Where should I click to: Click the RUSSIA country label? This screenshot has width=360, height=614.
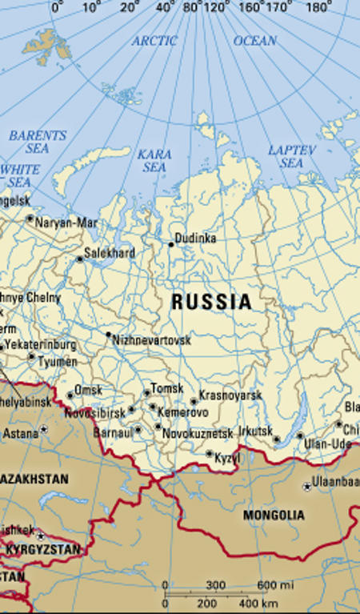tap(211, 302)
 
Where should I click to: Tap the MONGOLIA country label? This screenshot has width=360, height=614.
tap(274, 515)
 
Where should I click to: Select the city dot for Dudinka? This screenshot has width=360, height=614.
tap(170, 243)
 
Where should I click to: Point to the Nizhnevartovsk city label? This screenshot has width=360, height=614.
tap(152, 340)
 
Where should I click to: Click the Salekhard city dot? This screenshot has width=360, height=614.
tap(79, 259)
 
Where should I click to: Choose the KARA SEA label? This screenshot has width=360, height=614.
tap(154, 160)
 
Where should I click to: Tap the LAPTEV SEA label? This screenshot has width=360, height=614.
tap(292, 156)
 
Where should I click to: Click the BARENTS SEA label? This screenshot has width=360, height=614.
tap(38, 142)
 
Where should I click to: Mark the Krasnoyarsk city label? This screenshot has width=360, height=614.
tap(230, 395)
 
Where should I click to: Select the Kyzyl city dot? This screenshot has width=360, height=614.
tap(210, 454)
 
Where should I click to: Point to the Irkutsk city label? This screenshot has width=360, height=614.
tap(255, 431)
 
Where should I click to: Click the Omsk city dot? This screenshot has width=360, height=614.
tap(70, 395)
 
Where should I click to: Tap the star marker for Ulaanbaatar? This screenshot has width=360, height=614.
tap(307, 486)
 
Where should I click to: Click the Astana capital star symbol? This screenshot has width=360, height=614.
tap(44, 430)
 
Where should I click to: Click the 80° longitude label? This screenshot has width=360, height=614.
tap(192, 8)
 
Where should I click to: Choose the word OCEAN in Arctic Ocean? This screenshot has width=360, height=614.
tap(254, 40)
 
